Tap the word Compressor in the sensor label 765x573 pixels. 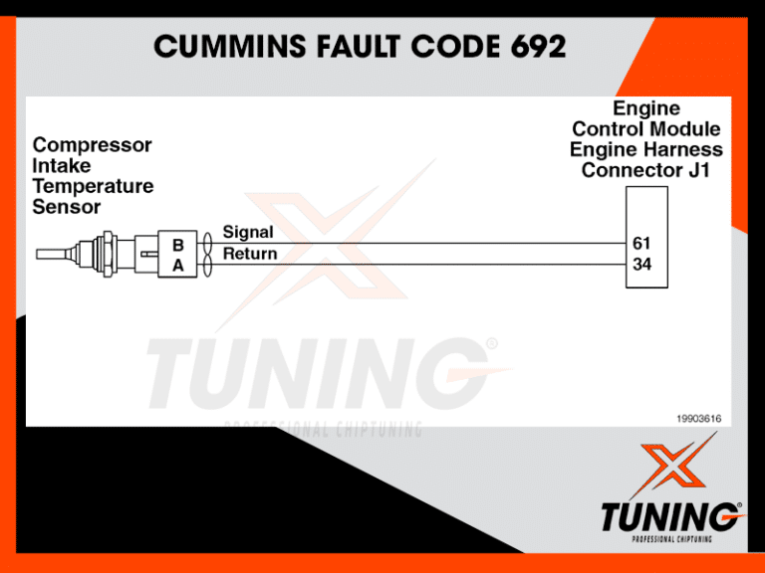coord(93,145)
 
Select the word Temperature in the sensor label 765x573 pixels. coord(94,187)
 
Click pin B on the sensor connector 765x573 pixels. coord(177,244)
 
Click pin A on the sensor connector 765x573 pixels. coord(177,266)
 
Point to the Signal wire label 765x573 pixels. coord(248,232)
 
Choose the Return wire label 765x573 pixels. coord(250,255)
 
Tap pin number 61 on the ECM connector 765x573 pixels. coord(642,243)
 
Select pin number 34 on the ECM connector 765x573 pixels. coord(642,265)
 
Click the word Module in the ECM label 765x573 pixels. coord(684,128)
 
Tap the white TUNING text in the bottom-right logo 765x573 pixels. coord(669,518)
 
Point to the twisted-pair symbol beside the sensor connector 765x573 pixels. coord(206,254)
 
